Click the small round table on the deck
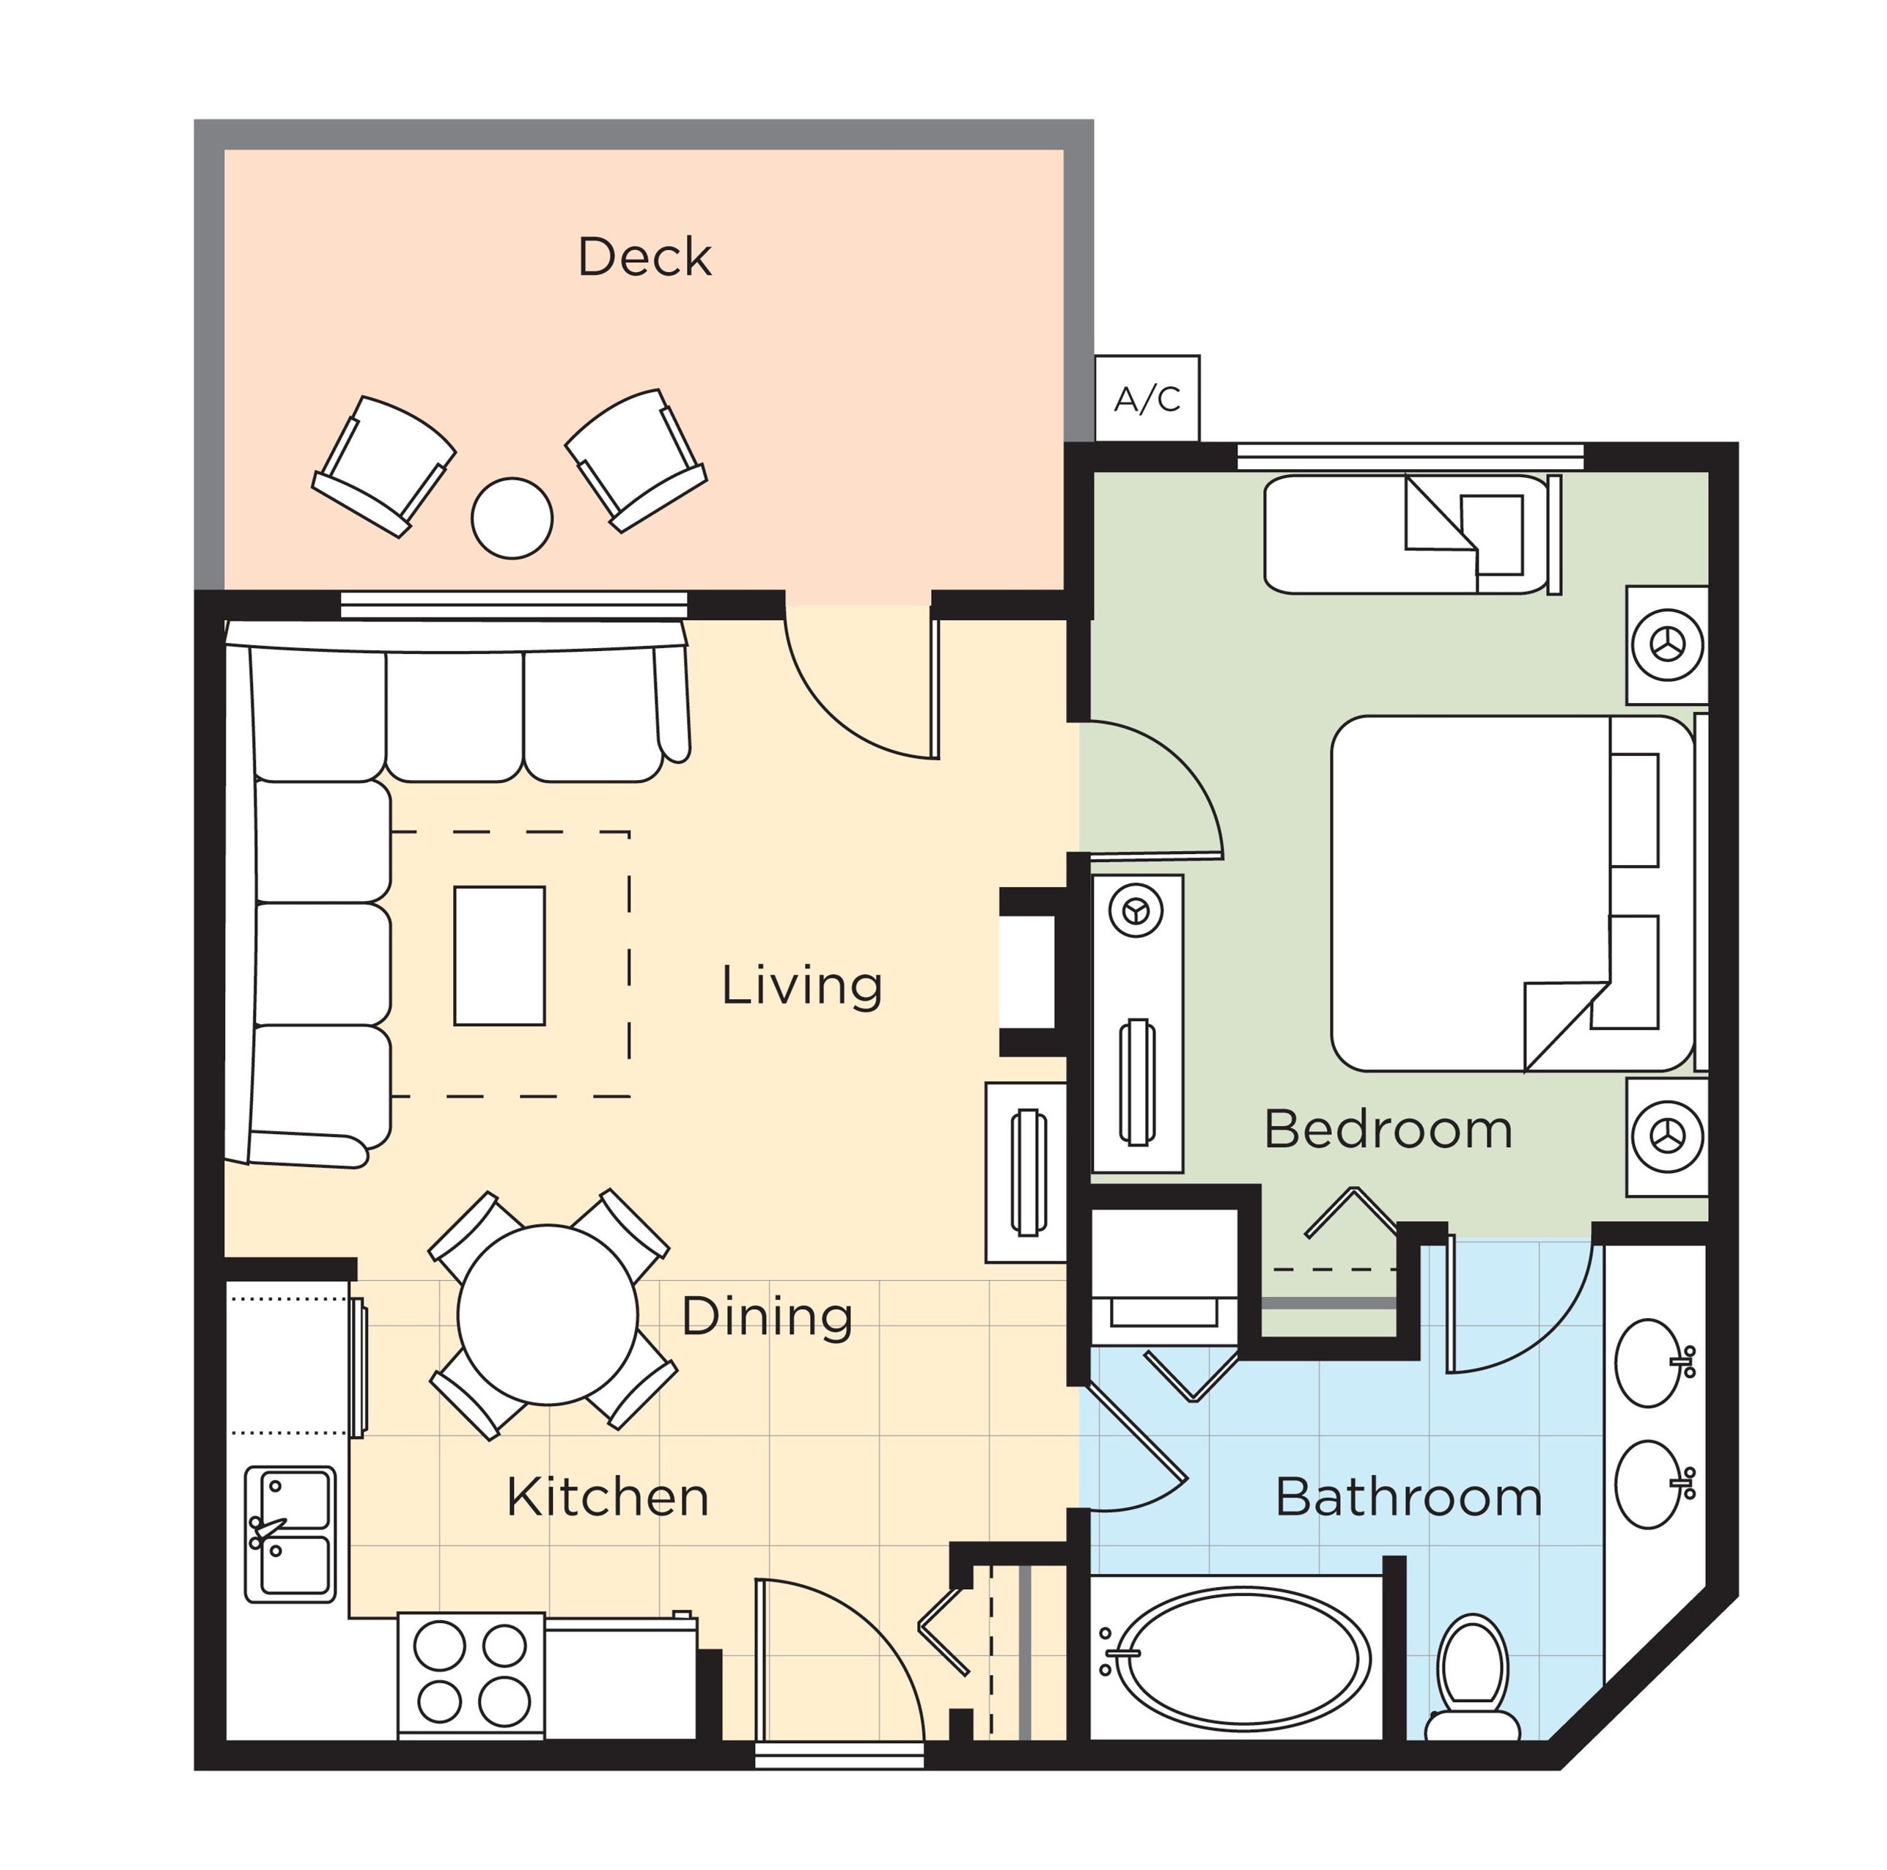click(x=512, y=518)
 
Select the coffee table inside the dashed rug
click(x=499, y=955)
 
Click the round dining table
click(x=548, y=1314)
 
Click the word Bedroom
click(x=1388, y=1130)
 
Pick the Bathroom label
click(x=1408, y=1497)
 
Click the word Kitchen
click(x=608, y=1497)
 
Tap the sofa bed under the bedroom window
click(x=1407, y=534)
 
